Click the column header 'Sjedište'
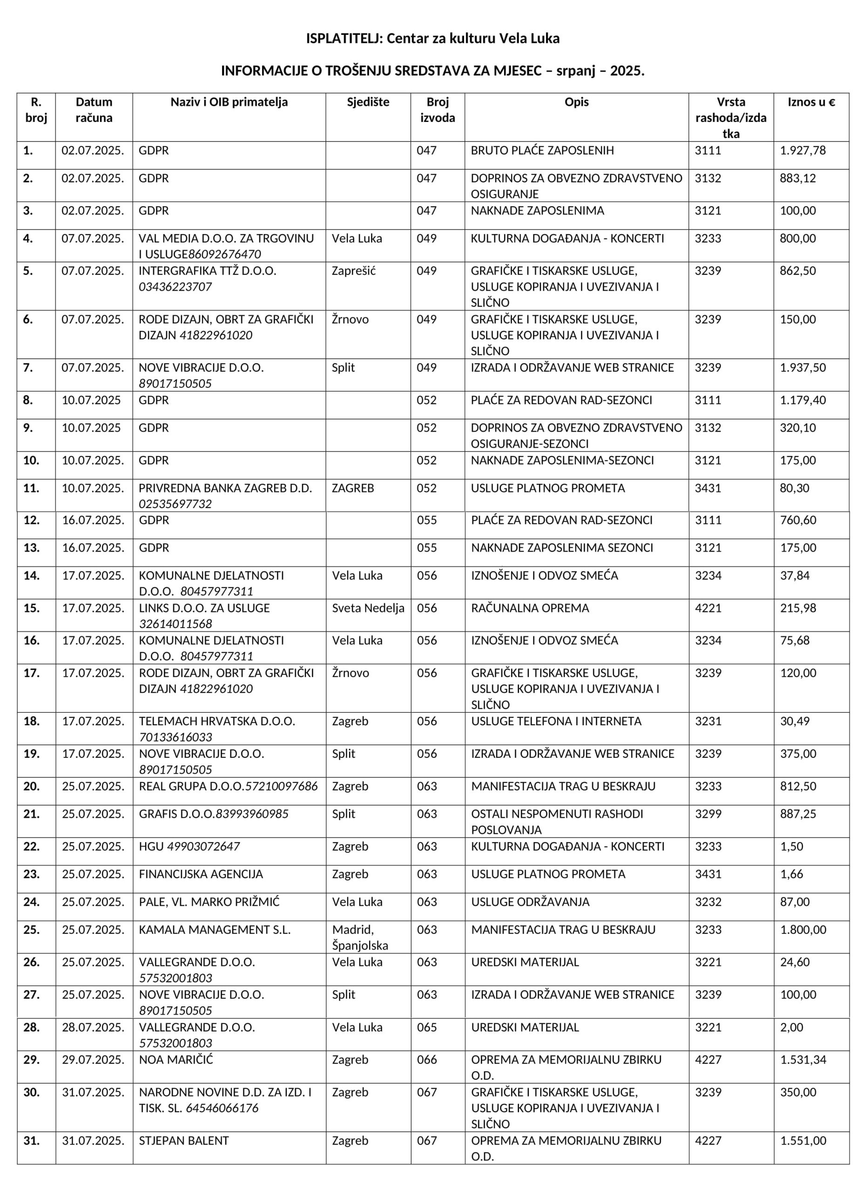[x=368, y=102]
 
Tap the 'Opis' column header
[x=576, y=102]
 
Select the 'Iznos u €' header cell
[x=810, y=102]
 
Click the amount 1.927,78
[x=802, y=151]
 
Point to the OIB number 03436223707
[x=175, y=287]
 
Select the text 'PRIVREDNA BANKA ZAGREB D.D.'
[x=225, y=488]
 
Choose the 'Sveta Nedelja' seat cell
[x=368, y=608]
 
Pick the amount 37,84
[x=795, y=575]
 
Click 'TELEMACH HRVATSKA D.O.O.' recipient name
[x=217, y=721]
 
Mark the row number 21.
[x=32, y=814]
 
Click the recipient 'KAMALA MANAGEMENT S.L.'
[x=214, y=930]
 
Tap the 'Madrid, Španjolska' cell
[x=360, y=937]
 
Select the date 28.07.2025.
[x=93, y=1027]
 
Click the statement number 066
[x=426, y=1060]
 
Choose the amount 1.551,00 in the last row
[x=803, y=1141]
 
